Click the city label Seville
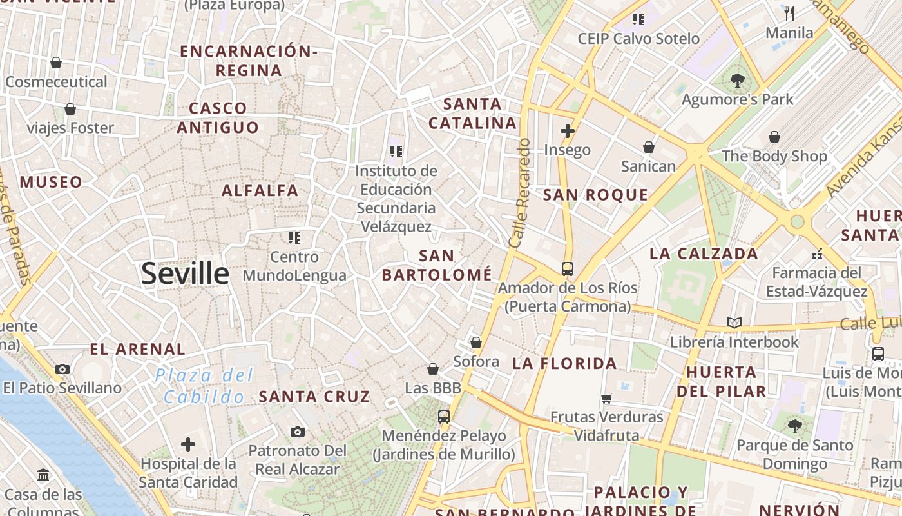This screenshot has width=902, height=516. click(x=185, y=273)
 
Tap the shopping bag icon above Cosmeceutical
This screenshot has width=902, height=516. click(x=56, y=63)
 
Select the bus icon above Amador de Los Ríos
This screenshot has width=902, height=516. click(x=567, y=268)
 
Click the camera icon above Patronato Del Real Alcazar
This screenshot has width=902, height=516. click(x=297, y=432)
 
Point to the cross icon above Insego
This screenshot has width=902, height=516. click(x=567, y=131)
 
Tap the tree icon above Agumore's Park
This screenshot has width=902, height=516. click(x=738, y=81)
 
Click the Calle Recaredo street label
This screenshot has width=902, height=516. click(x=519, y=193)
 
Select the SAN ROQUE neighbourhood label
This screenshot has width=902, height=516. click(x=595, y=195)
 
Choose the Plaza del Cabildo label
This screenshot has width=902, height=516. click(x=204, y=386)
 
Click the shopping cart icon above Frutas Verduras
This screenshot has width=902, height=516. click(x=606, y=398)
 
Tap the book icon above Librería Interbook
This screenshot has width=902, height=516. click(x=734, y=322)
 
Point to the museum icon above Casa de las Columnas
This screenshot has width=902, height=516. click(x=43, y=475)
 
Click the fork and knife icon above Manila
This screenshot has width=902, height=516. click(x=789, y=13)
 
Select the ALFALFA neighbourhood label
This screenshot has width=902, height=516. click(x=260, y=190)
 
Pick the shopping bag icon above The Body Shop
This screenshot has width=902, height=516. click(x=774, y=137)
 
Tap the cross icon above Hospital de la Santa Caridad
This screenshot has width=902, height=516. click(x=188, y=444)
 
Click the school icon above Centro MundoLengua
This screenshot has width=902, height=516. click(x=294, y=238)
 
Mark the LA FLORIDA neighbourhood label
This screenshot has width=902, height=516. click(x=564, y=364)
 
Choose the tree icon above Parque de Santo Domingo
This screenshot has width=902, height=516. click(x=794, y=426)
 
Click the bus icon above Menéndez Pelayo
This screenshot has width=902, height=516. click(x=443, y=417)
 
